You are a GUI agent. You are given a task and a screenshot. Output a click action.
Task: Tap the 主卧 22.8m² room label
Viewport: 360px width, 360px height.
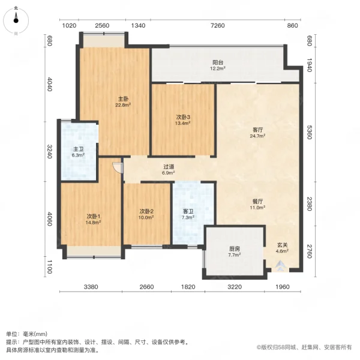point(123,101)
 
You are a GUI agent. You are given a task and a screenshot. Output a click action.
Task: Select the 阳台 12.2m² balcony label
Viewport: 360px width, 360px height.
point(217,65)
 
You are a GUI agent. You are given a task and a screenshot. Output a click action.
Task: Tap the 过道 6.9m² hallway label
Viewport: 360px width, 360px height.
point(169,170)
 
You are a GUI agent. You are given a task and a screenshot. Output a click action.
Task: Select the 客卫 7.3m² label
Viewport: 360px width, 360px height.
point(188,214)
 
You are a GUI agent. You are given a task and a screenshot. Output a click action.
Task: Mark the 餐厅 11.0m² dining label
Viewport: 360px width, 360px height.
point(258,205)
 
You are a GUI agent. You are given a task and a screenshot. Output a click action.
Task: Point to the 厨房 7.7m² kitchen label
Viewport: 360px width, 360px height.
point(234,251)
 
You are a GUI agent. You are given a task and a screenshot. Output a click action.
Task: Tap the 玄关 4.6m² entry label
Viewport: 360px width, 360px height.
point(282,247)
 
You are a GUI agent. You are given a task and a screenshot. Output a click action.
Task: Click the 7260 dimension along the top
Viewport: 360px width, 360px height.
point(217,25)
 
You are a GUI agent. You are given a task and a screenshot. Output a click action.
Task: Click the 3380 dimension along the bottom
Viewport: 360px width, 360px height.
point(91,287)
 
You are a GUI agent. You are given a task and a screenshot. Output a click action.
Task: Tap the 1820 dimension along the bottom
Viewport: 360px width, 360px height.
point(188,287)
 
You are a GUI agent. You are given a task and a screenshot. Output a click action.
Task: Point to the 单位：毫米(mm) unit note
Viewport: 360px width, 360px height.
point(27,334)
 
